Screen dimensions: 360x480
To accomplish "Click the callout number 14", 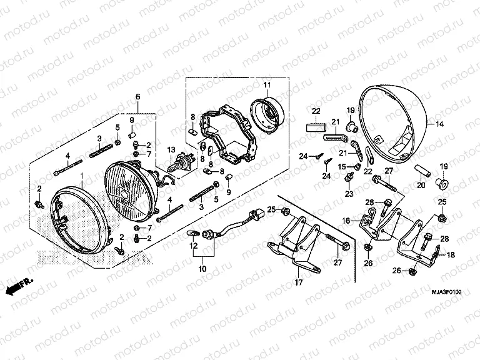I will pos(439,124).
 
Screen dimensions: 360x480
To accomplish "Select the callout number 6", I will pos(137,96).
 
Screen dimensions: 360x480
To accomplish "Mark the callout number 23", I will pos(349,194).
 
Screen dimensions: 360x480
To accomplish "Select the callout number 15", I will pos(342,166).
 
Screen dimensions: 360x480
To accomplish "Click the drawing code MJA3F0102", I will pos(446,291).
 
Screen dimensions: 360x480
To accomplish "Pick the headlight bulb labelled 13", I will pos(184,165).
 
